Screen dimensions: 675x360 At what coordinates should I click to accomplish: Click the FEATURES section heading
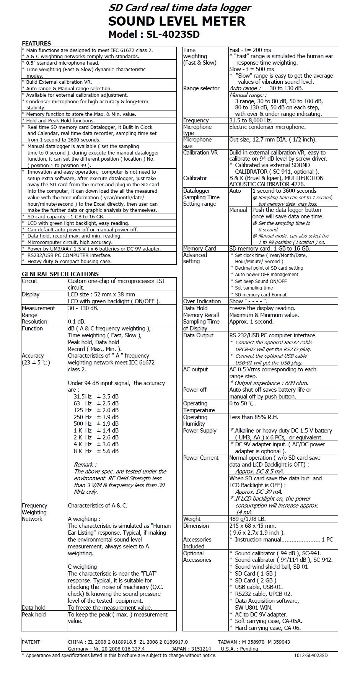click(36, 44)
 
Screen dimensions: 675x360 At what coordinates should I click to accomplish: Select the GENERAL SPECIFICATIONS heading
click(60, 274)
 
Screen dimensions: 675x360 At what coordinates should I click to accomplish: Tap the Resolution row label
click(34, 322)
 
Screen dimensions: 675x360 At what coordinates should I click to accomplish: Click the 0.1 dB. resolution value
click(77, 322)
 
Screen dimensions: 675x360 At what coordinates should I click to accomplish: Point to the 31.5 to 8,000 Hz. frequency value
click(251, 120)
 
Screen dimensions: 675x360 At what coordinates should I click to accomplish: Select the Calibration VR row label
click(200, 153)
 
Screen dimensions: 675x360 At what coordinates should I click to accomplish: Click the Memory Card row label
click(199, 249)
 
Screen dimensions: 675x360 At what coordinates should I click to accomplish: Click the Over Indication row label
click(202, 301)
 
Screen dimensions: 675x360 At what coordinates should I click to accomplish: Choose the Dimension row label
click(196, 526)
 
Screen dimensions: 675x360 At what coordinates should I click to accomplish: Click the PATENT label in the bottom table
click(31, 642)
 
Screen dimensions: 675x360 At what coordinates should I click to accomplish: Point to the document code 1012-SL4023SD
click(311, 655)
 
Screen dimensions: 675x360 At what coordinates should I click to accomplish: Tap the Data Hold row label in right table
click(195, 308)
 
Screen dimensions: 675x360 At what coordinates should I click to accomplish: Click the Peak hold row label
click(34, 614)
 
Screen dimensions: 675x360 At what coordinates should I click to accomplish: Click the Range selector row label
click(201, 88)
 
